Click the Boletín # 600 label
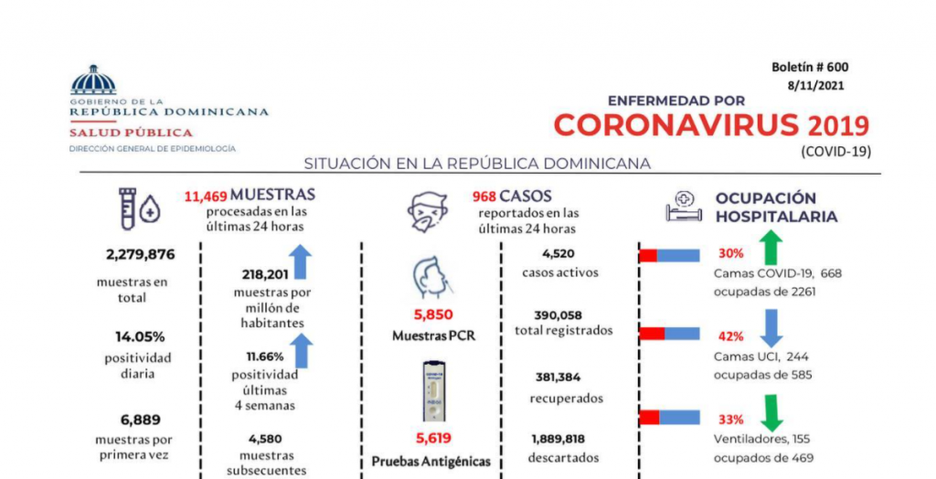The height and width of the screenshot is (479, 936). click(x=810, y=67)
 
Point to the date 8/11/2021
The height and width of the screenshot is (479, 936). click(x=815, y=86)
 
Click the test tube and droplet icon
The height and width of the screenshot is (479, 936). click(x=139, y=208)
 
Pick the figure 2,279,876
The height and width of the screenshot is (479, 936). click(x=133, y=254)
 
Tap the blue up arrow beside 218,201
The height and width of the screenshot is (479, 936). click(x=301, y=261)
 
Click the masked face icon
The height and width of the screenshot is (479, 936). click(x=428, y=212)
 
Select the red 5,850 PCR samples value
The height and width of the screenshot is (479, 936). click(x=433, y=314)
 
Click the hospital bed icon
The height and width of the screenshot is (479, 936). click(x=682, y=208)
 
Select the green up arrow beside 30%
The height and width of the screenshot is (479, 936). click(x=771, y=248)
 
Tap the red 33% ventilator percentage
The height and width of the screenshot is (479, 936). click(x=730, y=420)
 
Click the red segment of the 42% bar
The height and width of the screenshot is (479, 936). click(x=651, y=334)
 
